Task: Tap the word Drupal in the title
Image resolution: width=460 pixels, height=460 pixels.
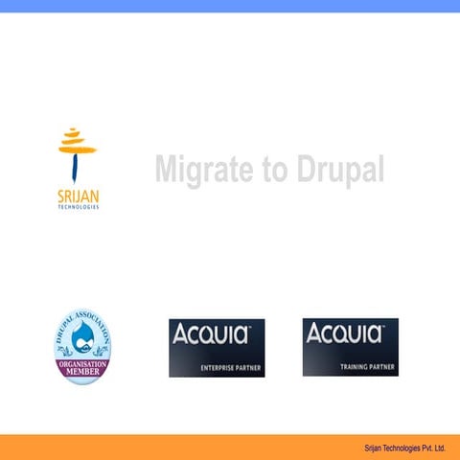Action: (335, 171)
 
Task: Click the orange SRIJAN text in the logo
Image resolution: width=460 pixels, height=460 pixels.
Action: (78, 198)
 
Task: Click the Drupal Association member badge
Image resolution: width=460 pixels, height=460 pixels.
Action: (81, 346)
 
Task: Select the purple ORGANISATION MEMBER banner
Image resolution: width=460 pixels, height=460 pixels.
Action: (81, 368)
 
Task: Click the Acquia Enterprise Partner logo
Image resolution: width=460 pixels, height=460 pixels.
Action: (217, 347)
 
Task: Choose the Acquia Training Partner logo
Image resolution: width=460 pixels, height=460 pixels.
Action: (350, 347)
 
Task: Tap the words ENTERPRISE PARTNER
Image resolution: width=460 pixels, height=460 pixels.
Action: (230, 368)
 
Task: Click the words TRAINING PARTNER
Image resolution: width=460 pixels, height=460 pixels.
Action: (368, 368)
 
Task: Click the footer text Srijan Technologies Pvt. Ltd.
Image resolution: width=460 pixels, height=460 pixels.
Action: (404, 448)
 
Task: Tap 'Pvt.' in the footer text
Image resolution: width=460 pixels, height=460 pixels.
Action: (423, 448)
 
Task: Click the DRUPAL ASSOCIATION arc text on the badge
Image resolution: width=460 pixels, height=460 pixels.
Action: (81, 320)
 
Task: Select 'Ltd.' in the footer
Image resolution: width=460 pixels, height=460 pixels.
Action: (440, 448)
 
